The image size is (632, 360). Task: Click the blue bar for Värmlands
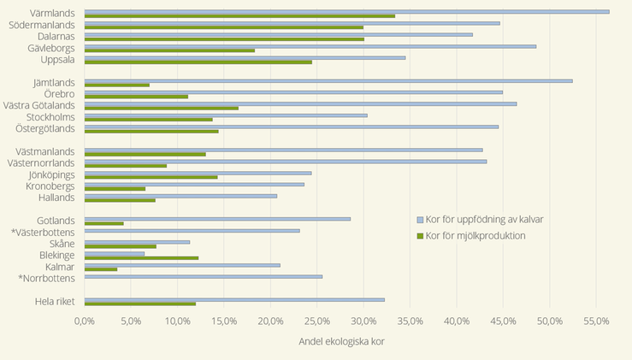[x=346, y=11]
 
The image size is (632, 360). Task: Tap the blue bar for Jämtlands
[x=328, y=80]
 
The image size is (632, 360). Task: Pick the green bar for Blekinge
[x=141, y=257]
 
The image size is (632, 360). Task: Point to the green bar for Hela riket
[x=140, y=304]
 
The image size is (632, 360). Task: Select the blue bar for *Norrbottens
[x=204, y=276]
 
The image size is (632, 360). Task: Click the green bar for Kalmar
[x=101, y=269]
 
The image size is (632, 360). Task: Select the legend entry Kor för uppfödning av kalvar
[x=484, y=220]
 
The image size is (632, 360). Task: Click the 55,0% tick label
[x=596, y=321]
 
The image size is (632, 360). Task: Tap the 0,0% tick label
[x=85, y=321]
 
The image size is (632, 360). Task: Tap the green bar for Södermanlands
[x=224, y=27]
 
